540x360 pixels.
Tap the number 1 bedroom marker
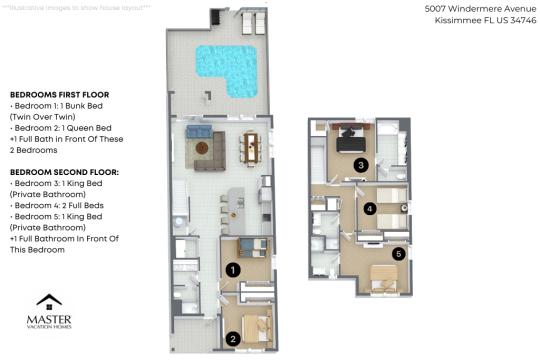pyautogui.click(x=233, y=269)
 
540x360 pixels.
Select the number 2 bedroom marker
pyautogui.click(x=233, y=337)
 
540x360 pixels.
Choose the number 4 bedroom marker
pyautogui.click(x=370, y=209)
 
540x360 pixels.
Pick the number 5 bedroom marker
pyautogui.click(x=398, y=253)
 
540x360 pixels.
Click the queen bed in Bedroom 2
pyautogui.click(x=255, y=324)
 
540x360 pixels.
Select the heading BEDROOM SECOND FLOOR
pyautogui.click(x=64, y=172)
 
